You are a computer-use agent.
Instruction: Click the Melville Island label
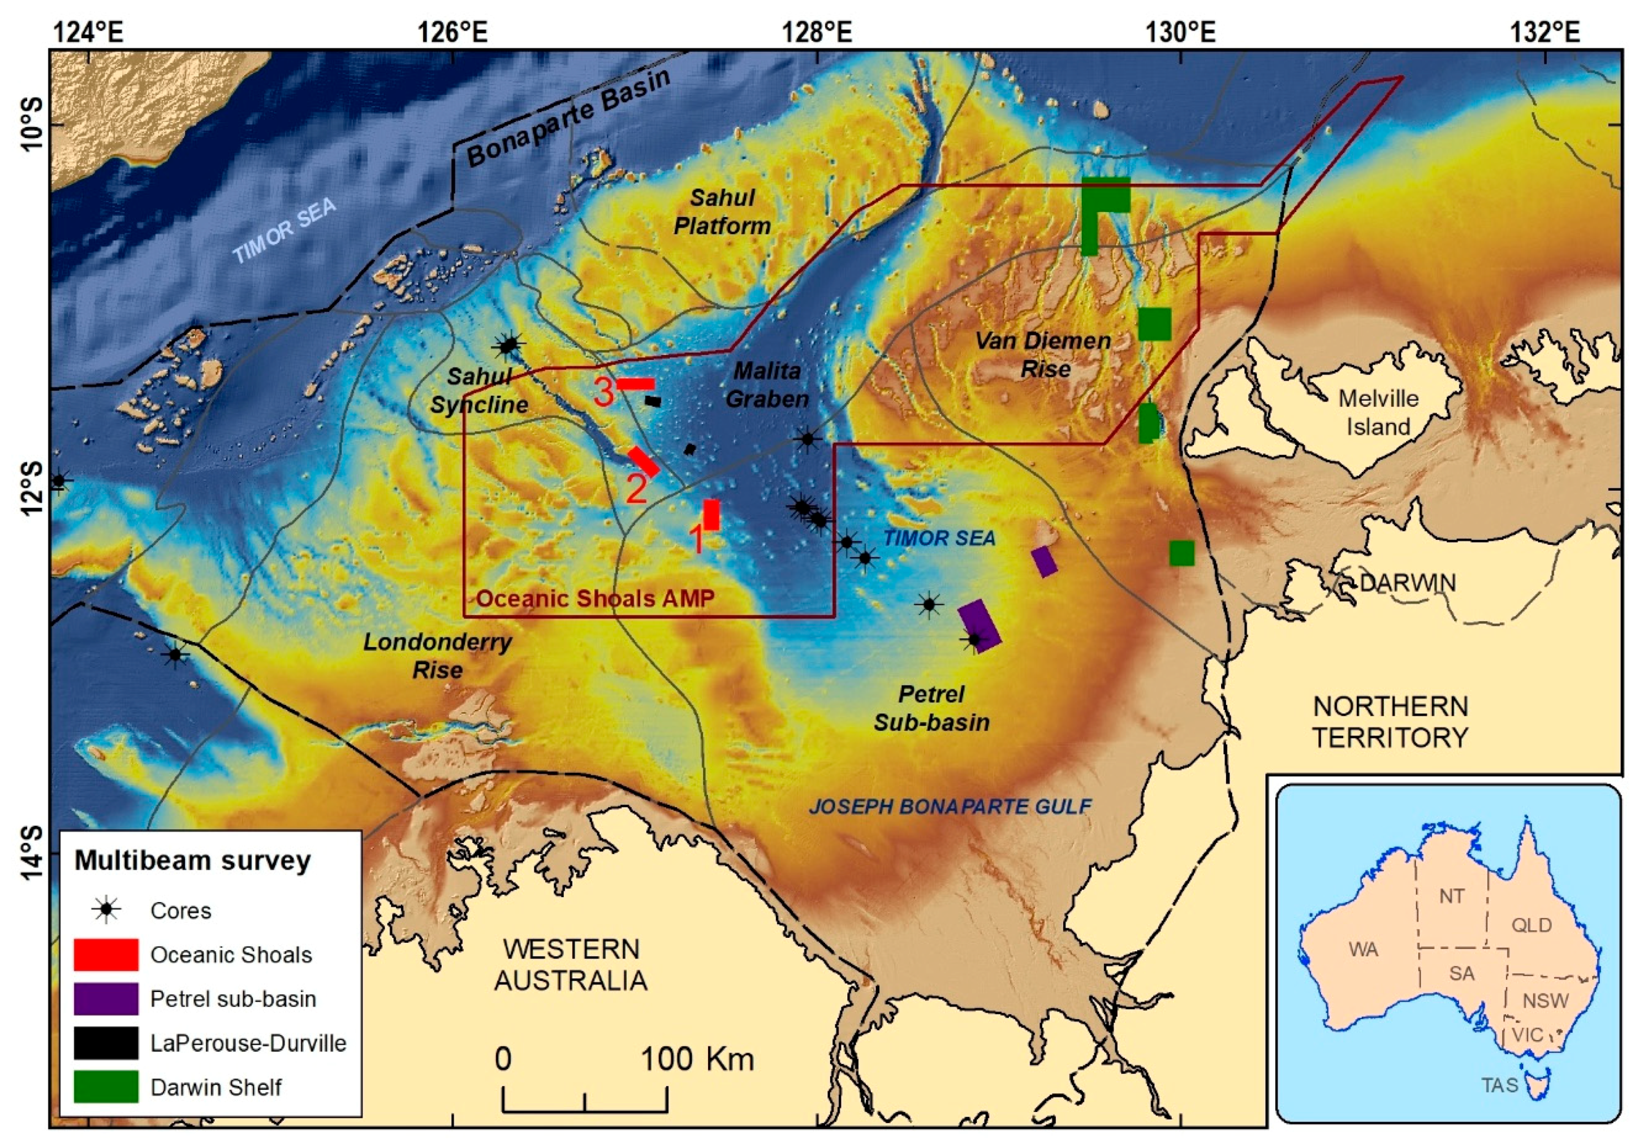click(1378, 412)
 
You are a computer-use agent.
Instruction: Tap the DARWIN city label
click(1407, 583)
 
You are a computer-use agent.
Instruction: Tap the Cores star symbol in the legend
click(106, 910)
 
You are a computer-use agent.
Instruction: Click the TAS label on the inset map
click(1500, 1085)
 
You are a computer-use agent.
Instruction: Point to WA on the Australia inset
click(1363, 949)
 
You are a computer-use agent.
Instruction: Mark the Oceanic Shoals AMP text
click(594, 598)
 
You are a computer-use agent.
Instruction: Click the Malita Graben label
click(767, 384)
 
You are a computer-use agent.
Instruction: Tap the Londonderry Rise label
click(437, 656)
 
